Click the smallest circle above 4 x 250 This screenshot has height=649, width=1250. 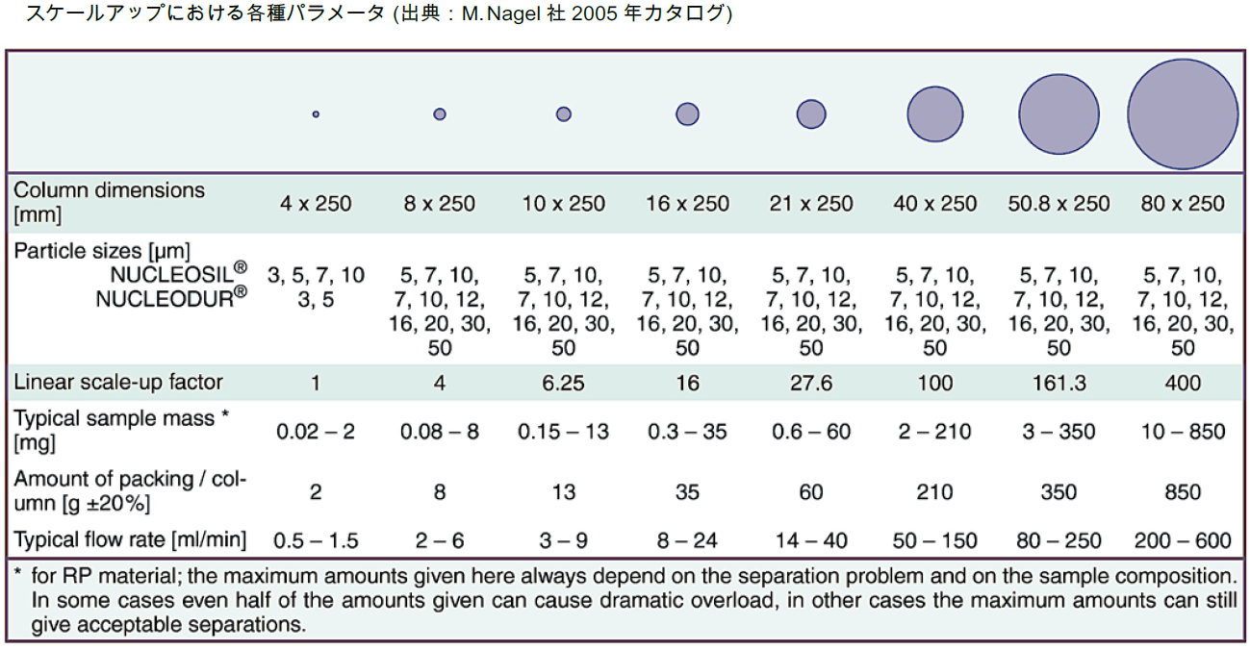pos(316,114)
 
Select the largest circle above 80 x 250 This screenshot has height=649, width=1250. pos(1183,114)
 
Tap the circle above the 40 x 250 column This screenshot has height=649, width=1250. pos(934,114)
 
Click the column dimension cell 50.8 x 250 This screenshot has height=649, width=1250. pos(1059,204)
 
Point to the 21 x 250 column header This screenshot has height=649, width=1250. pos(811,204)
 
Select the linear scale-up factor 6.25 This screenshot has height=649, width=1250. pos(563,383)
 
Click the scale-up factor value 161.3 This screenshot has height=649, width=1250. pos(1059,383)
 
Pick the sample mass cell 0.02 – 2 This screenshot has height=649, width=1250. pos(316,432)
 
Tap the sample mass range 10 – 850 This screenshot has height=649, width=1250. pos(1183,432)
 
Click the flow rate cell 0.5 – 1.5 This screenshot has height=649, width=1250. pos(316,540)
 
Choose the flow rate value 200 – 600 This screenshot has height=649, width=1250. pos(1183,540)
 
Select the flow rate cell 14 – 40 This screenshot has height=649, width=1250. pos(811,540)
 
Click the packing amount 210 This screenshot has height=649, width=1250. pos(934,492)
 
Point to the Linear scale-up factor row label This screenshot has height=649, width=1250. pos(118,383)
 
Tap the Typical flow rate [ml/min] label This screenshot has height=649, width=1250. pos(130,539)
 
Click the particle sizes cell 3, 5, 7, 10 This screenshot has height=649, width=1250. pos(316,275)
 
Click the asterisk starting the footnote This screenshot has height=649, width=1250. pos(17,572)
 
